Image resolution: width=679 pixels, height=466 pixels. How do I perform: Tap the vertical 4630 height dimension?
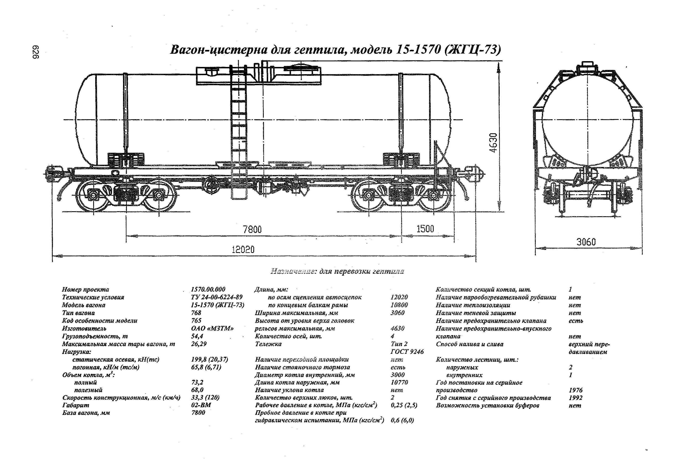click(x=493, y=143)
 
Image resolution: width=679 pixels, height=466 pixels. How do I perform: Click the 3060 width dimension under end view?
click(x=586, y=242)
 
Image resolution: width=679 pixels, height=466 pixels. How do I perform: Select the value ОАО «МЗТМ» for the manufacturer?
click(x=212, y=328)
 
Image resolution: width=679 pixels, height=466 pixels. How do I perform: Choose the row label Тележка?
click(x=268, y=344)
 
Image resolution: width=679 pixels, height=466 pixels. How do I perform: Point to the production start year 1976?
click(x=575, y=390)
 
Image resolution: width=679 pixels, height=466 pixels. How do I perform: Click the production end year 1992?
click(x=575, y=398)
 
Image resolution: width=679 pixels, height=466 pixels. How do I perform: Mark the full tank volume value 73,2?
click(x=197, y=382)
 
